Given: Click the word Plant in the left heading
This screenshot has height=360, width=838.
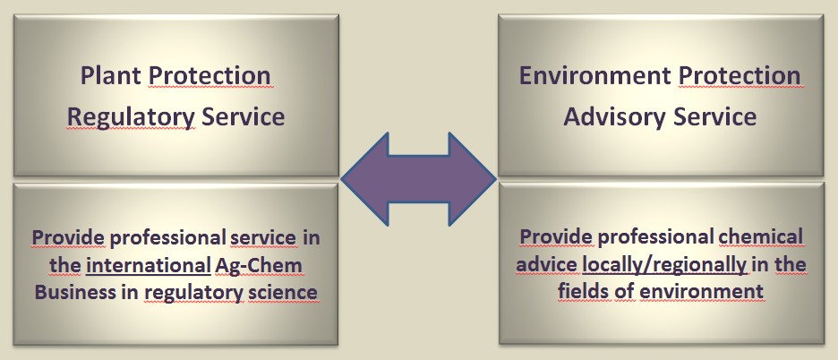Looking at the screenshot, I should click(110, 77).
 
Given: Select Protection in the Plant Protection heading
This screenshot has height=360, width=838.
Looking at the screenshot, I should click(209, 77).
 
